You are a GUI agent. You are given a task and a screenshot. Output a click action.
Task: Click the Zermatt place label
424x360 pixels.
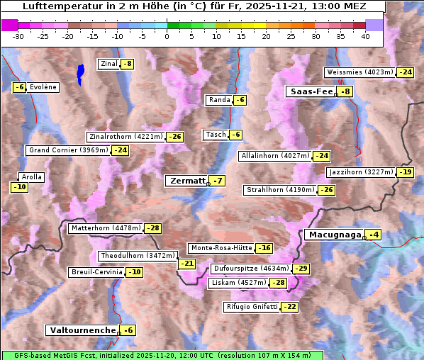click(x=187, y=181)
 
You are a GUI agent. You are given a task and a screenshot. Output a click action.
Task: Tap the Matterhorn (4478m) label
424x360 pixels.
click(x=106, y=228)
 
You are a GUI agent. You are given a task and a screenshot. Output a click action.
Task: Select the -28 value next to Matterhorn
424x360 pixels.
click(x=152, y=228)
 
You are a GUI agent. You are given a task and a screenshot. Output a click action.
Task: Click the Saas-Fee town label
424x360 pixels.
click(x=311, y=91)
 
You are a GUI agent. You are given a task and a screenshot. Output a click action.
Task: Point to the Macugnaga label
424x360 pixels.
click(x=334, y=235)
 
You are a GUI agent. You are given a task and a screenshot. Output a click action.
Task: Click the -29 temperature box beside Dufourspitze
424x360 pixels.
click(x=301, y=269)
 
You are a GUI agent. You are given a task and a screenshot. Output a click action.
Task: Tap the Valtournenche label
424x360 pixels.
click(x=82, y=330)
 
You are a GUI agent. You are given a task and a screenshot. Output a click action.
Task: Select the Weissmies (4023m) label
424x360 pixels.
click(x=359, y=72)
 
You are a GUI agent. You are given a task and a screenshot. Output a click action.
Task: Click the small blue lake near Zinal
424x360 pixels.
click(x=80, y=72)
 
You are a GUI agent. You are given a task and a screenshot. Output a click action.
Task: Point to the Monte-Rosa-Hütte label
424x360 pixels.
click(x=221, y=248)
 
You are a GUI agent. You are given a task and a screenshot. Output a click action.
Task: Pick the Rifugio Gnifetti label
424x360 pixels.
click(x=252, y=307)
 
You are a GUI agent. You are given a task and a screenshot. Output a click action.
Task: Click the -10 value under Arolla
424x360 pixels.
click(x=19, y=187)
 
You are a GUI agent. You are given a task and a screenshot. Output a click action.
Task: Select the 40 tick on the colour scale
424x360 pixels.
click(x=365, y=36)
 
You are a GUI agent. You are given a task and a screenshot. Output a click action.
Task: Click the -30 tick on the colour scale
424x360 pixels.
click(x=18, y=36)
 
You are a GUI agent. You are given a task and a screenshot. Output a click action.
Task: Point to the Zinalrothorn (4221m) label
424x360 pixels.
click(x=126, y=137)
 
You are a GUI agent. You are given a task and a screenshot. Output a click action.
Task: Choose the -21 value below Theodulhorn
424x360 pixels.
click(x=186, y=264)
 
